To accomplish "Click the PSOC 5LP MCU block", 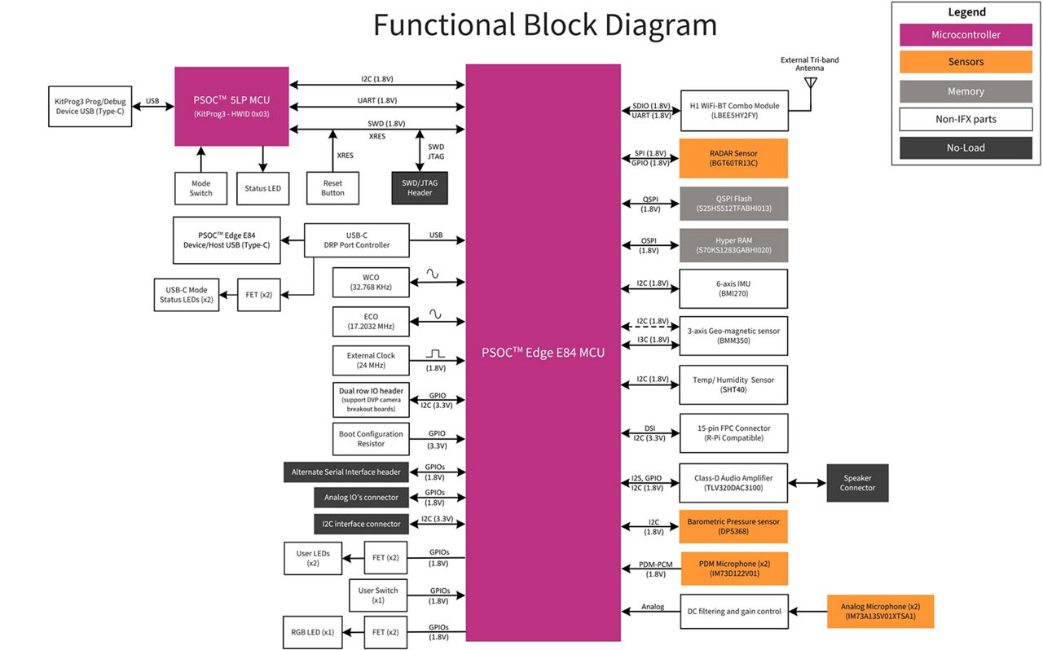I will click(231, 107).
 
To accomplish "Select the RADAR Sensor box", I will click(733, 158).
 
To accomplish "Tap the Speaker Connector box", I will click(857, 483).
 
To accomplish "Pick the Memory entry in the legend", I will click(966, 91).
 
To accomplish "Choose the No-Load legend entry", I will click(966, 147).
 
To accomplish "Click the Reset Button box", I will click(332, 188).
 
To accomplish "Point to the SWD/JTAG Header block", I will click(420, 188).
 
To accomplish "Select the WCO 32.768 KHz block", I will click(371, 283).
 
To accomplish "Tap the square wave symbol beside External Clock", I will click(436, 354).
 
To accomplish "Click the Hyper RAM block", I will click(733, 245).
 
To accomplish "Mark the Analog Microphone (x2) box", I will click(880, 612).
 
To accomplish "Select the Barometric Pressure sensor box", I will click(733, 526).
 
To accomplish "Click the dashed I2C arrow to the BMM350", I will click(649, 327).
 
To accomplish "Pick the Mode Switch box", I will click(200, 188).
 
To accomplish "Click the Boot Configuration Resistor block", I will click(371, 439).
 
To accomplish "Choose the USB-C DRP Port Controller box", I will click(356, 240).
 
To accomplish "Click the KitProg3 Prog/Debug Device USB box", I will click(90, 107).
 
